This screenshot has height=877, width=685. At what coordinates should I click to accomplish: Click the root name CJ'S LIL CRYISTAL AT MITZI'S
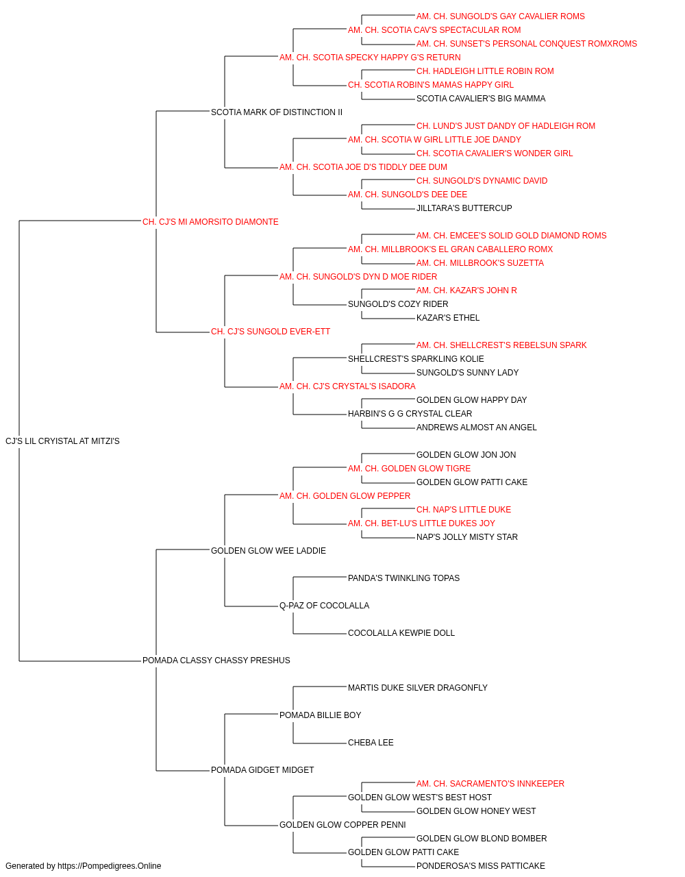pyautogui.click(x=62, y=441)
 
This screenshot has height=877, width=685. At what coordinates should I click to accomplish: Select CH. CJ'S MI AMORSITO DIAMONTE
pyautogui.click(x=210, y=222)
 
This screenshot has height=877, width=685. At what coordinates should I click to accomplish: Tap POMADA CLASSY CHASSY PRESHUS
pyautogui.click(x=216, y=660)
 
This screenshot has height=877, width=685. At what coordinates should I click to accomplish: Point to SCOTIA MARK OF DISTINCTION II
pyautogui.click(x=276, y=112)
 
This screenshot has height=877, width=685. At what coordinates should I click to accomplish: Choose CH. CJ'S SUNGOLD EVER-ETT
pyautogui.click(x=271, y=332)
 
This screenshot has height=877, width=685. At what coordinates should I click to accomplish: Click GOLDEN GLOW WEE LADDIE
pyautogui.click(x=269, y=550)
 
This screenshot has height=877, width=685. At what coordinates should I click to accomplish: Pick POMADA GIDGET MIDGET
pyautogui.click(x=262, y=769)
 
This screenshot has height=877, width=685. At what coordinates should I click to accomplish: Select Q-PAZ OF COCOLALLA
pyautogui.click(x=324, y=606)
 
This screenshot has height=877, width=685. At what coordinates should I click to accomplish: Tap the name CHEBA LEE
pyautogui.click(x=371, y=742)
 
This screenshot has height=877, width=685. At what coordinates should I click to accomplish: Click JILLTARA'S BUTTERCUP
pyautogui.click(x=464, y=208)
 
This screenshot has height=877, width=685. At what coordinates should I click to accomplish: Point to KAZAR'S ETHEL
pyautogui.click(x=448, y=318)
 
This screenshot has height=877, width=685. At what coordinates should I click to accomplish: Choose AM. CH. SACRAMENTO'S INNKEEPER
pyautogui.click(x=490, y=783)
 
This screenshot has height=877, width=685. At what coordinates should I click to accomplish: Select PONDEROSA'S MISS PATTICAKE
pyautogui.click(x=480, y=866)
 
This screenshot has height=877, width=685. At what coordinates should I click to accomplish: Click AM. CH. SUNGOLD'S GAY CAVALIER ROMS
pyautogui.click(x=501, y=16)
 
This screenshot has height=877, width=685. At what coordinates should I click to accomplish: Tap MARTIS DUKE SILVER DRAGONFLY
pyautogui.click(x=418, y=688)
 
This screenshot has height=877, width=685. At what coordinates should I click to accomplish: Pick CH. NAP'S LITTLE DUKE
pyautogui.click(x=464, y=509)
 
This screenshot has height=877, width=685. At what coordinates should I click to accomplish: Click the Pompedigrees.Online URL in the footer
pyautogui.click(x=109, y=866)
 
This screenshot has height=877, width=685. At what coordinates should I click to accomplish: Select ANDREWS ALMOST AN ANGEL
pyautogui.click(x=477, y=428)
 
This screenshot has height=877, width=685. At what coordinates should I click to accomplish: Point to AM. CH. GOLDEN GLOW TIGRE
pyautogui.click(x=409, y=469)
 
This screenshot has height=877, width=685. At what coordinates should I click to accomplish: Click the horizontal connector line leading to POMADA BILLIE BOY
pyautogui.click(x=251, y=714)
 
